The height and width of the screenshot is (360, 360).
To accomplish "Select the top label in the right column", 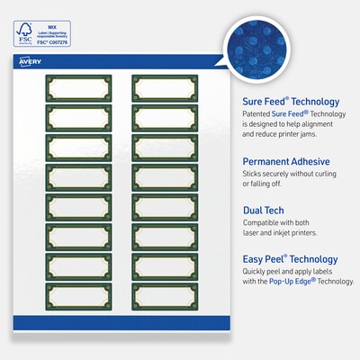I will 164,88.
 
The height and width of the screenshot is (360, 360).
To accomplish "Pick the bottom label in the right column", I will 164,295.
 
